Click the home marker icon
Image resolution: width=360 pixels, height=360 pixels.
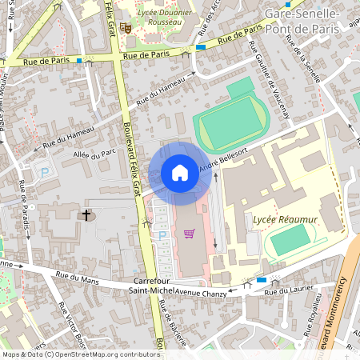point(180,173)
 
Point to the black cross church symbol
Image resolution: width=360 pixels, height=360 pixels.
point(86,215)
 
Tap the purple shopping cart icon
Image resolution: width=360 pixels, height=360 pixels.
point(190,234)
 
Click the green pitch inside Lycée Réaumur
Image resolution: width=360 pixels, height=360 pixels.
point(289,238)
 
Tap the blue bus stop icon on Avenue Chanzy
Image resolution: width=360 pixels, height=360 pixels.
point(262,281)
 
